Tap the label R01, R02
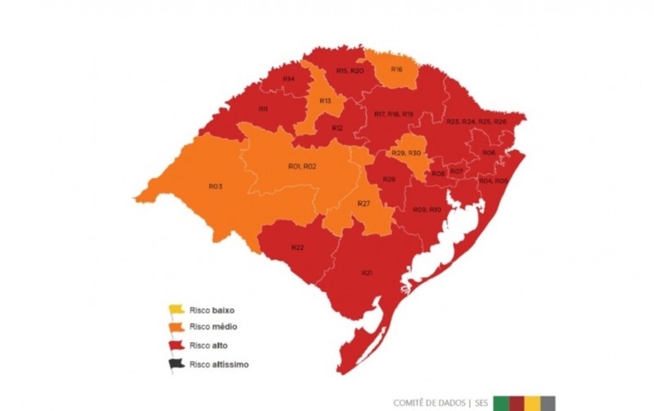pyautogui.click(x=302, y=167)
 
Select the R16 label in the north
pyautogui.click(x=396, y=69)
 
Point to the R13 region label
pyautogui.click(x=325, y=101)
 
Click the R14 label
pyautogui.click(x=289, y=78)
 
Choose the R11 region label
pyautogui.click(x=263, y=109)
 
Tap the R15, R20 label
pyautogui.click(x=349, y=71)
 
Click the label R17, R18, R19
pyautogui.click(x=393, y=114)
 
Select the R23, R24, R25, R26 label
pyautogui.click(x=476, y=121)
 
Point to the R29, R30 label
pyautogui.click(x=406, y=153)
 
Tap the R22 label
pyautogui.click(x=297, y=247)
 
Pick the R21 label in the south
pyautogui.click(x=367, y=273)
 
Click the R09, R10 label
pyautogui.click(x=427, y=209)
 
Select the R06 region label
pyautogui.click(x=489, y=153)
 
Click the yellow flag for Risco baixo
pyautogui.click(x=176, y=310)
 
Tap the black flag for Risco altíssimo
pyautogui.click(x=176, y=364)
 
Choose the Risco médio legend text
pyautogui.click(x=213, y=327)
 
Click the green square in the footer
pyautogui.click(x=501, y=403)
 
